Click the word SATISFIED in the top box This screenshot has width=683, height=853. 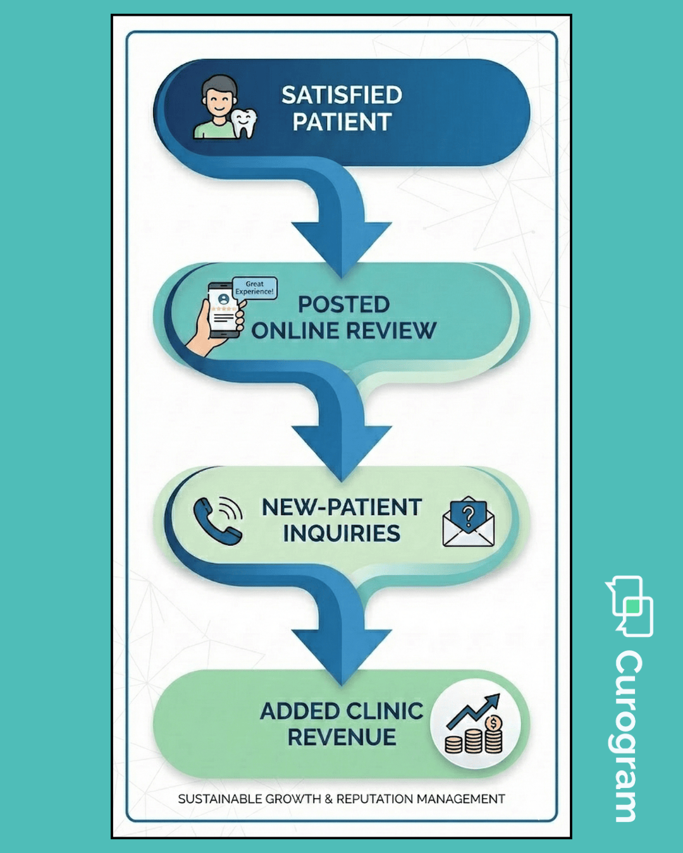point(341,95)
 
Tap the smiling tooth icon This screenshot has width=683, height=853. point(244,123)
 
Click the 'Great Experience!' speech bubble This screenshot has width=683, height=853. point(255,288)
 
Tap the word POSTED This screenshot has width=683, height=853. point(343,305)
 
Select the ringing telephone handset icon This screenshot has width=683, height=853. point(217,520)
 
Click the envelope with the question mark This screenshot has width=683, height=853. point(468,523)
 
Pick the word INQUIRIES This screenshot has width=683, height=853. point(341,534)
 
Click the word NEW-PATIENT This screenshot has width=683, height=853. point(341,507)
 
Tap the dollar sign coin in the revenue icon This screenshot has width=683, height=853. point(493,722)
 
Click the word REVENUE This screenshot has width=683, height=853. point(341,737)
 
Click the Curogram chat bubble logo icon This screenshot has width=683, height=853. point(631,605)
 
